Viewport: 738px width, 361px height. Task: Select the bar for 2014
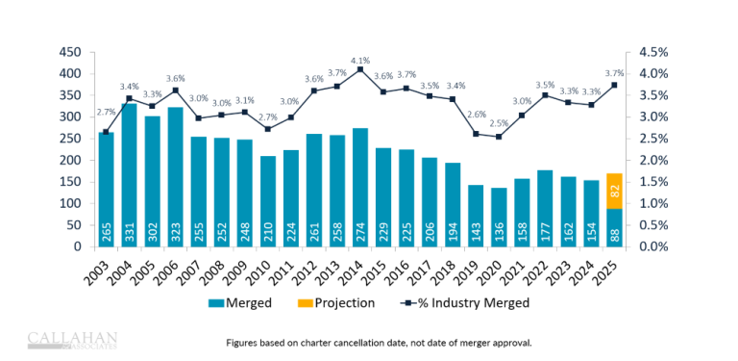pos(360,188)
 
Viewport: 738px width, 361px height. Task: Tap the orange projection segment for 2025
pos(613,191)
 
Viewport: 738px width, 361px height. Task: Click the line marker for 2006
pos(175,90)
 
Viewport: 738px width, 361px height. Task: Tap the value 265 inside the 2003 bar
pos(106,232)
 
